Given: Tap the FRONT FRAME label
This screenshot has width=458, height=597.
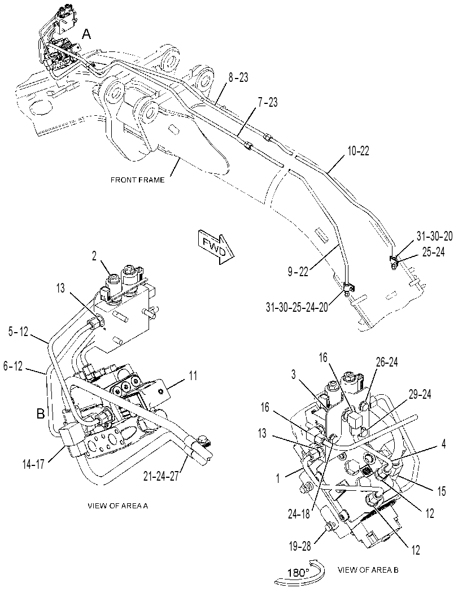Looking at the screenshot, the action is click(137, 180).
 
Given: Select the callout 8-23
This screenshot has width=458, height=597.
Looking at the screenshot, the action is click(238, 78).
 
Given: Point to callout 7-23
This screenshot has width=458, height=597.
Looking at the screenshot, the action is click(267, 102).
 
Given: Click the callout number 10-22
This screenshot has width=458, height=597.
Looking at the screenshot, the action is click(358, 151).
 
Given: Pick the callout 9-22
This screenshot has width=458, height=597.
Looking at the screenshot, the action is click(298, 272).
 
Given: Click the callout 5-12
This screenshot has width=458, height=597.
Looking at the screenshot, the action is click(18, 332).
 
